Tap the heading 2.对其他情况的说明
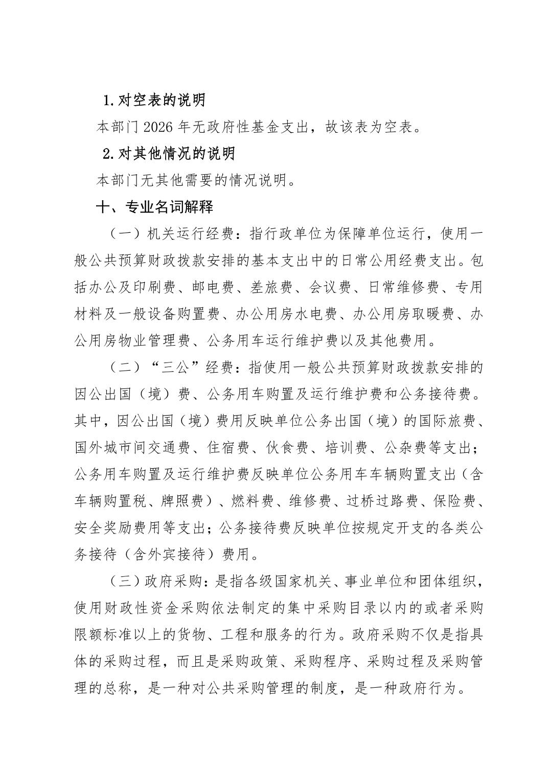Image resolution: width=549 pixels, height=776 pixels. [x=169, y=154]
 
